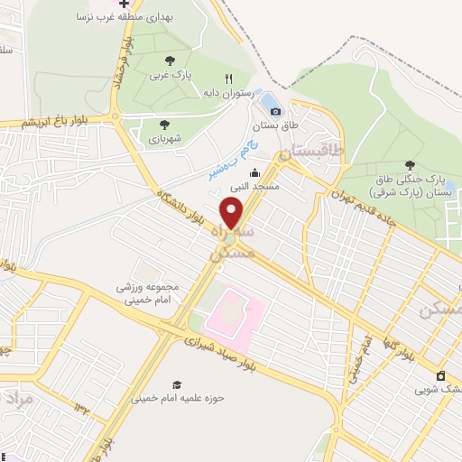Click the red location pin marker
tap(232, 213)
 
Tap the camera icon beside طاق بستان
tap(276, 111)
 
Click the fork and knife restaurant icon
tap(228, 79)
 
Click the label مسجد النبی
tap(254, 186)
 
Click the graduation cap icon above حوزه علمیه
tap(176, 383)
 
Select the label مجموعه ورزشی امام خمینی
tap(148, 292)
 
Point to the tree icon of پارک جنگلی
tap(411, 165)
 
